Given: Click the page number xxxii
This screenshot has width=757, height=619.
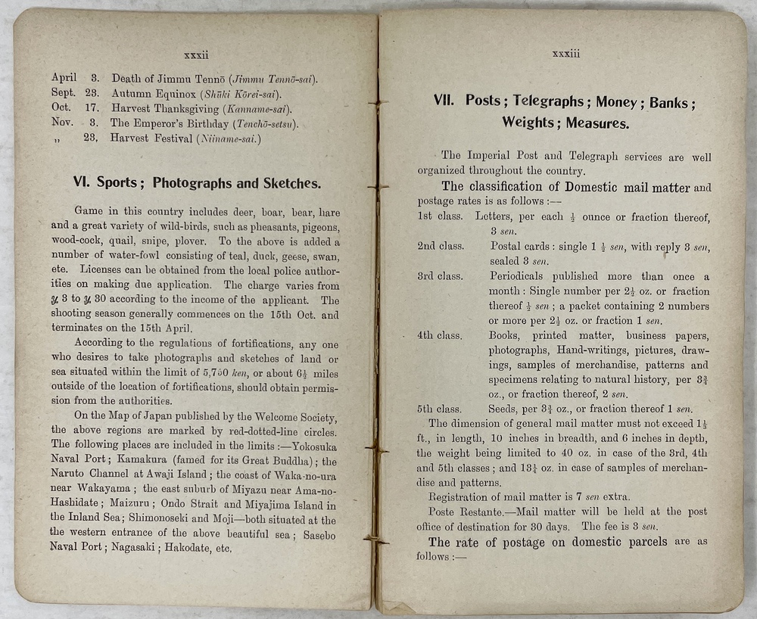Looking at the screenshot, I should (196, 54).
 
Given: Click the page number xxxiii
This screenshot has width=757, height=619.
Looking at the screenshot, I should (565, 54).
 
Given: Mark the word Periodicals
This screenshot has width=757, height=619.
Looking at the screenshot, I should (522, 276).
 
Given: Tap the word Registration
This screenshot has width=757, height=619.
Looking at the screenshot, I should (463, 498).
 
